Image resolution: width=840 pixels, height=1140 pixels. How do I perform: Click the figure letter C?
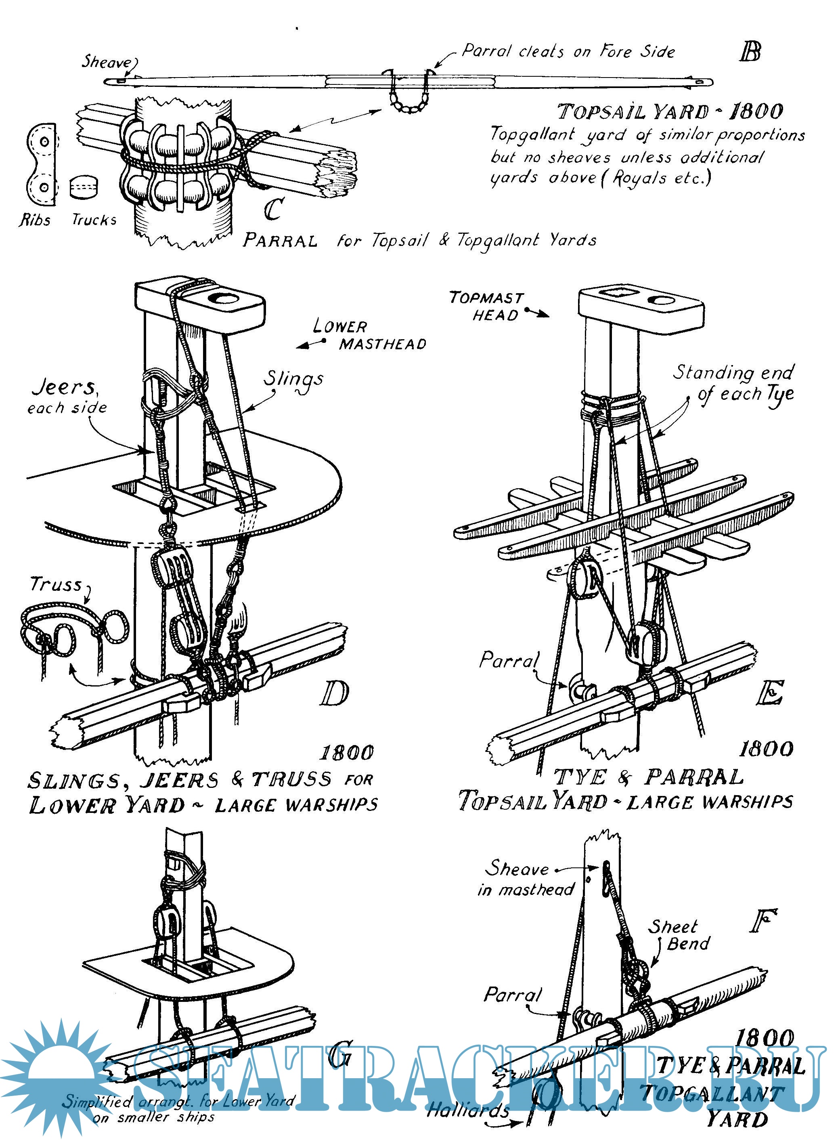(274, 209)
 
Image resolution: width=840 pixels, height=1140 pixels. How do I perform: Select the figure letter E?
(770, 693)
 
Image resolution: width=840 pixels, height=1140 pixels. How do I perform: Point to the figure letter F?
(763, 921)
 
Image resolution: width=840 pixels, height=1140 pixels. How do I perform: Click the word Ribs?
(35, 220)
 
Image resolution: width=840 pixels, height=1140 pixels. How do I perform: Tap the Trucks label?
(94, 220)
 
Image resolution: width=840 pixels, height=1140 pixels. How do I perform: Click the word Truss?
(56, 584)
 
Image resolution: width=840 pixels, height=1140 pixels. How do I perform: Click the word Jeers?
(63, 388)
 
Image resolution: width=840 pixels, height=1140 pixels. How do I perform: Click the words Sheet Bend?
(679, 935)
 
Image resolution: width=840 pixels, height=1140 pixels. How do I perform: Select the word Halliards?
(468, 1109)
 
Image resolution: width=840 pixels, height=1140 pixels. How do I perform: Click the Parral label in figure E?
(509, 660)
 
